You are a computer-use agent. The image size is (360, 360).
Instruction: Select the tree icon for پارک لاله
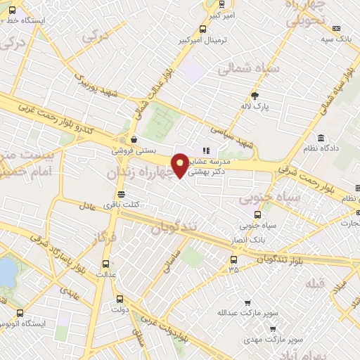coord(255,96)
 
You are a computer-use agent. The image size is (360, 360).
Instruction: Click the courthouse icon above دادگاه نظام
coord(321,137)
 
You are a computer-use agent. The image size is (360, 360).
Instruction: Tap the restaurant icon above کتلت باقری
coord(122,194)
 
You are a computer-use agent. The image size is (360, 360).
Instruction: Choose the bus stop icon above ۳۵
coord(233,258)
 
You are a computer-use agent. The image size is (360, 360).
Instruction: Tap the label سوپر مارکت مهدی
coord(280,338)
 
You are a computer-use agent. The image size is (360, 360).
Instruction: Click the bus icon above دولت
coord(119,298)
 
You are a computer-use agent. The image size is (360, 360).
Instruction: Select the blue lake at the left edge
coord(6,271)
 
